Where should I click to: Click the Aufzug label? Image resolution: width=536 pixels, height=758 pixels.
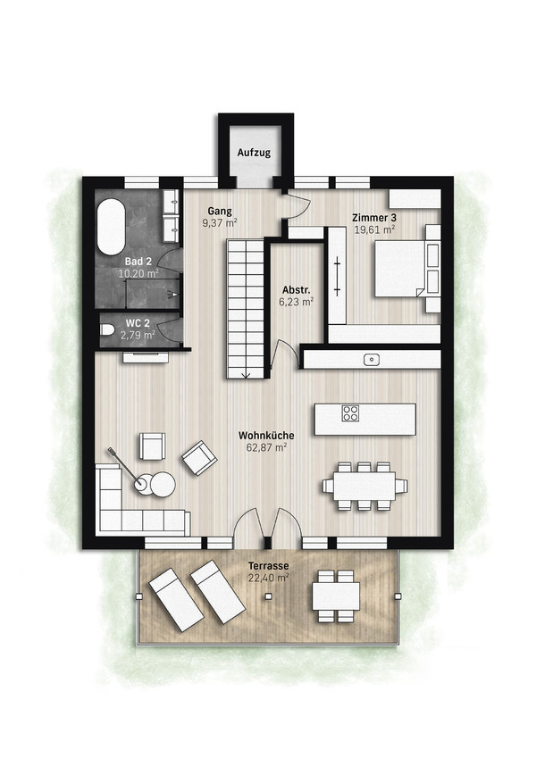[x=254, y=153]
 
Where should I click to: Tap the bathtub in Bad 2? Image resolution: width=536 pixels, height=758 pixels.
[x=111, y=227]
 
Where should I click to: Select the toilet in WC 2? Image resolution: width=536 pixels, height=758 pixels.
[x=107, y=329]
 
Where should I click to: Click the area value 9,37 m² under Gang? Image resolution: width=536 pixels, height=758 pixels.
[x=220, y=223]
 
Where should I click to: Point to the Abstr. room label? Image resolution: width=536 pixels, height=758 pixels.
[x=296, y=290]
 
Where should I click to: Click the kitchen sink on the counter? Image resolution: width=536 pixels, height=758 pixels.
[x=372, y=359]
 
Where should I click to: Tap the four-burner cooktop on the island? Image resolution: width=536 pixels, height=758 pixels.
[x=351, y=413]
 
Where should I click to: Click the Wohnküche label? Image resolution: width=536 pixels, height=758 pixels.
[x=266, y=436]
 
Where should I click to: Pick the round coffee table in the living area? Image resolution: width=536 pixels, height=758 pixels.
[x=163, y=485]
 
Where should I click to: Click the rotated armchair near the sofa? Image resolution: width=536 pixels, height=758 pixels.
[x=198, y=457]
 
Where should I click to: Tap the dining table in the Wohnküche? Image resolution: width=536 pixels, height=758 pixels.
[x=364, y=486]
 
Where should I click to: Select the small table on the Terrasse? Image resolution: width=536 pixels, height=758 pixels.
[x=336, y=596]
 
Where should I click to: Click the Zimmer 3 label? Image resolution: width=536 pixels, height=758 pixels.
[x=374, y=218]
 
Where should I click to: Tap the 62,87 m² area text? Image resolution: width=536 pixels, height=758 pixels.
[x=266, y=447]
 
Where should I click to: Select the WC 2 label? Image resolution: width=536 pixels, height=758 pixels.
[x=138, y=323]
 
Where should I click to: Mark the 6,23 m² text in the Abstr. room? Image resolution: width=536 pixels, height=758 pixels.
[x=296, y=302]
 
